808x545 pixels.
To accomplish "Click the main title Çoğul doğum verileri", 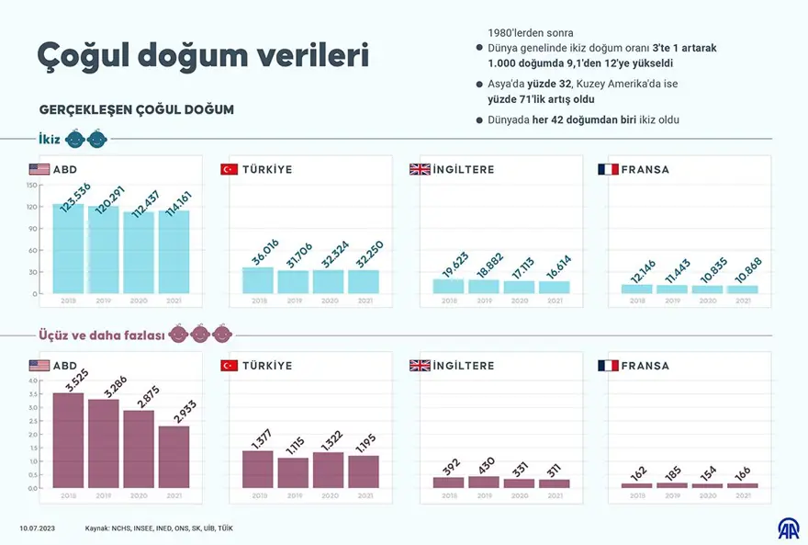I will pos(203,55).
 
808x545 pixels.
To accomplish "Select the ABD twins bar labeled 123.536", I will pos(68,248).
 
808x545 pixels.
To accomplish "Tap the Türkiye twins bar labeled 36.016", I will pos(258,280).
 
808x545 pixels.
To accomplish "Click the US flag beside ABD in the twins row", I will pos(39,170).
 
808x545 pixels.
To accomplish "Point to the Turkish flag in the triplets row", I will pos(230,366).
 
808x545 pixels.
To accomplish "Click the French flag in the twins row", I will pos(608,170).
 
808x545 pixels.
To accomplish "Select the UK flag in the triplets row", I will pos(420,366).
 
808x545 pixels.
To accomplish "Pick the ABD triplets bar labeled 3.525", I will pos(68,440).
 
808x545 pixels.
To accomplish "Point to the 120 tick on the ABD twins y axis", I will pos(31,206).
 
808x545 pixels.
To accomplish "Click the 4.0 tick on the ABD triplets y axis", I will pos(32,380).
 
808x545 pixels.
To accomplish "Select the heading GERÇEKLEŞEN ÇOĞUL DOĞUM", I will pos(137,109).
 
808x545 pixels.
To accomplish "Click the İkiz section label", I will pos(50,139).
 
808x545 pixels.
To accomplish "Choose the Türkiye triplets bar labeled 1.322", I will pos(328,470).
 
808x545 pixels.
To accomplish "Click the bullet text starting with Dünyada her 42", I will pos(584,120).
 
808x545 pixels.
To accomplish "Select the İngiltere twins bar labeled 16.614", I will pos(554,287).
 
